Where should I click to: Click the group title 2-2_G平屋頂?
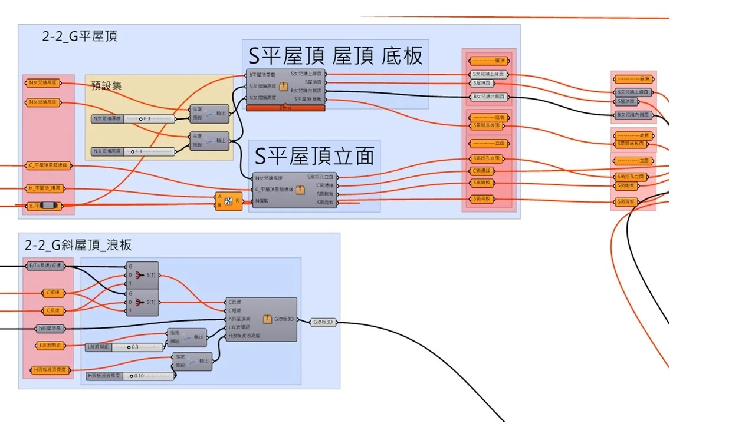click(x=80, y=37)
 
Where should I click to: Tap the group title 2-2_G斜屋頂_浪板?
click(x=78, y=245)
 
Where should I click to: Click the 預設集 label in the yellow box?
click(x=107, y=86)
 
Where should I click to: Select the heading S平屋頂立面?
click(x=314, y=155)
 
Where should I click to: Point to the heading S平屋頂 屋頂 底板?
click(x=335, y=56)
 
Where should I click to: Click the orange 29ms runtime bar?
click(x=285, y=108)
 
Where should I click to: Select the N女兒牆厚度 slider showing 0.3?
click(x=134, y=119)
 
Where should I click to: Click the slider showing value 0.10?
click(x=130, y=376)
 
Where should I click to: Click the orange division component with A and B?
click(x=228, y=201)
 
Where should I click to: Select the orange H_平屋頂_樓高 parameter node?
click(x=48, y=188)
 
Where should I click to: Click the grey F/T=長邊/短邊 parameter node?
click(x=48, y=266)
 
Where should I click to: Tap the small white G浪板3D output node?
click(x=323, y=322)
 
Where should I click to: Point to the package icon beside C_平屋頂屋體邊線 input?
click(x=301, y=190)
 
